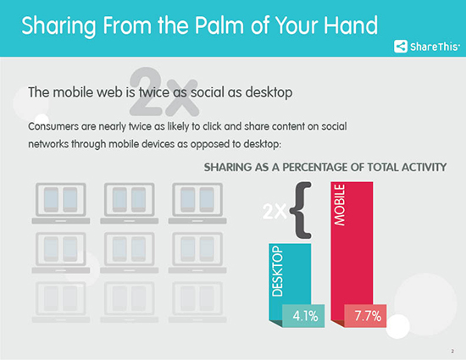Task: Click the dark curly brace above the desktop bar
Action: click(x=301, y=210)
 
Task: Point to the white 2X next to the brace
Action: click(x=275, y=212)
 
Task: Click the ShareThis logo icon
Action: click(x=401, y=47)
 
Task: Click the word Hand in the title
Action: click(x=351, y=25)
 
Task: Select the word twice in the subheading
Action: click(x=154, y=92)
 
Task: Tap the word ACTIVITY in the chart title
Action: click(x=424, y=167)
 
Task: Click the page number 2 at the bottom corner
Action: click(x=452, y=352)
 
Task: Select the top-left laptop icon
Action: click(x=61, y=203)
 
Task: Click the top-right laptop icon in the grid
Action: click(x=197, y=203)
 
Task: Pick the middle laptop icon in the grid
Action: click(x=130, y=252)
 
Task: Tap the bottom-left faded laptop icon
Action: click(x=61, y=302)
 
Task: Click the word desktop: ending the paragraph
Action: click(x=262, y=144)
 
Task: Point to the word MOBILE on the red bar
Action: click(x=340, y=205)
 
